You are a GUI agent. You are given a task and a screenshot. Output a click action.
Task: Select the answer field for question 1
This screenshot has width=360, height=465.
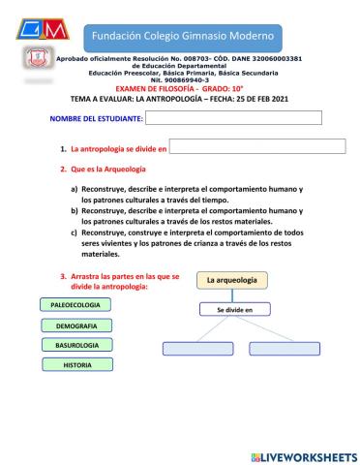(x=257, y=147)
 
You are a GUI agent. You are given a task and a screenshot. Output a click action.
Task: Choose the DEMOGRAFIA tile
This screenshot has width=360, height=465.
(x=76, y=325)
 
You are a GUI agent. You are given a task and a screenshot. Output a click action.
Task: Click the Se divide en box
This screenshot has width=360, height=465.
(x=234, y=310)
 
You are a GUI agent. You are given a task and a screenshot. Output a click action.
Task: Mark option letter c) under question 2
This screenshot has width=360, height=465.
(x=75, y=232)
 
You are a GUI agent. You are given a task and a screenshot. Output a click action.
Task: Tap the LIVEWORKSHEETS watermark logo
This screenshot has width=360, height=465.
(x=303, y=454)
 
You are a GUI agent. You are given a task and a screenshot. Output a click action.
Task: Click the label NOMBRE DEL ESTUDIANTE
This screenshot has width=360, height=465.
(x=96, y=119)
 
